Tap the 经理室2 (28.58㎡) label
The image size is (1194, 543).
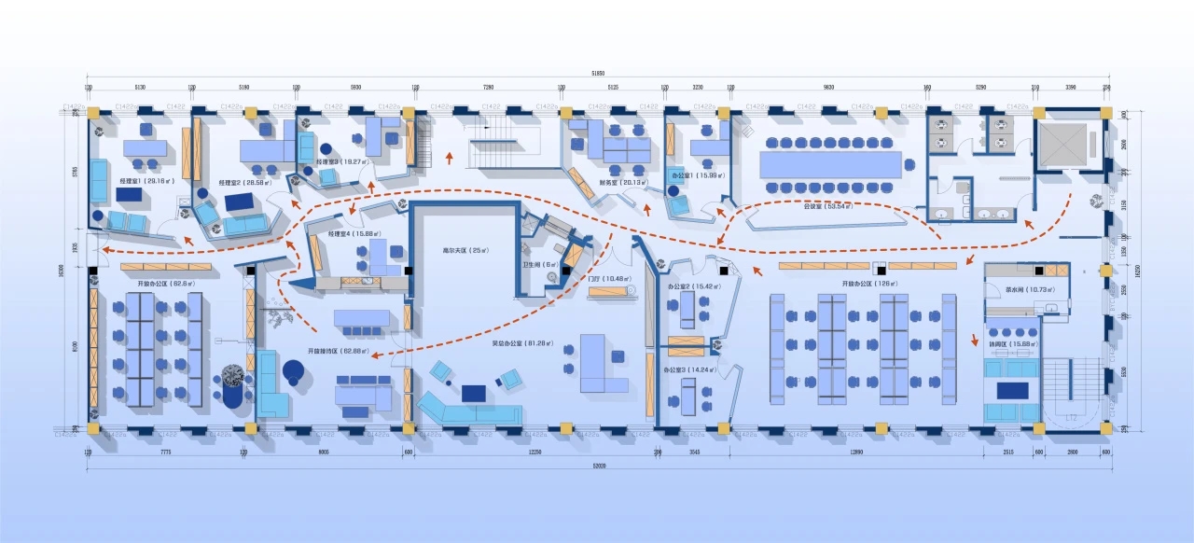tap(245, 183)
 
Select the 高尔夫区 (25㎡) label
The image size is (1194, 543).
tap(463, 250)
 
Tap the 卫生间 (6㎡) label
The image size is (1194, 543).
tap(539, 264)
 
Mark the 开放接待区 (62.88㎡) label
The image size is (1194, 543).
tap(339, 351)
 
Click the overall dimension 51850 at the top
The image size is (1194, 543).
tap(598, 73)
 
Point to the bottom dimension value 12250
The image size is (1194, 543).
tap(535, 452)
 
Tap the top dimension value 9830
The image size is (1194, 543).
tap(828, 87)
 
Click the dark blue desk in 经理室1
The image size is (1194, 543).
tap(129, 194)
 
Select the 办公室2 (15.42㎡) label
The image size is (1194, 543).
tap(691, 285)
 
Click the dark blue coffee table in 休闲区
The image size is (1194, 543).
tap(1012, 390)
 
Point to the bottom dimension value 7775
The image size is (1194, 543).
tap(166, 452)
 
